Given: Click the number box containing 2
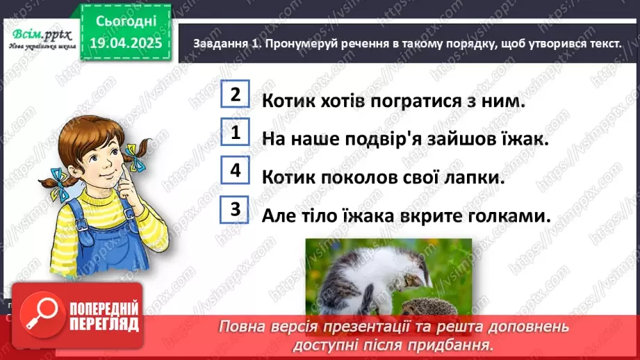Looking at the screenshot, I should [236, 95].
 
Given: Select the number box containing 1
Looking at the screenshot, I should [236, 132].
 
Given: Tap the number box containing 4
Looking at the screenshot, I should [236, 170].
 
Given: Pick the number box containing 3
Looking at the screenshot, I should [236, 208].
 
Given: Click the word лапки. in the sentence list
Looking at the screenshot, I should [473, 177].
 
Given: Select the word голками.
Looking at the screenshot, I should [504, 215].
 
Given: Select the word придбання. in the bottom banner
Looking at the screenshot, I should [462, 344].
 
